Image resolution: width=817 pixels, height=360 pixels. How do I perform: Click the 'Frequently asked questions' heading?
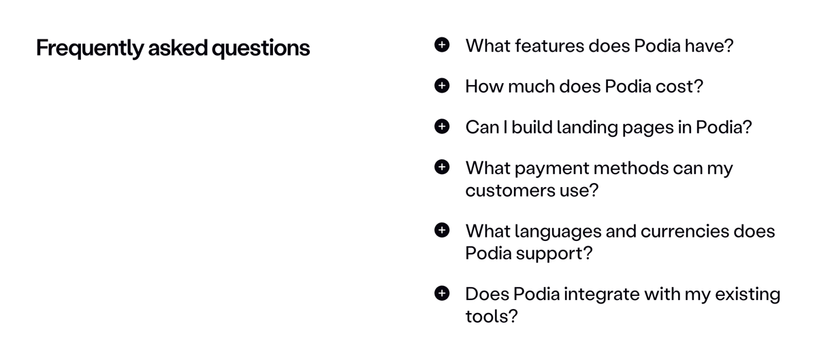173,48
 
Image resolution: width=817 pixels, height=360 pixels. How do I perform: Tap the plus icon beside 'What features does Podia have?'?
442,45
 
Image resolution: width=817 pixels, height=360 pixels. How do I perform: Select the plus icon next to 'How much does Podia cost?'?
442,86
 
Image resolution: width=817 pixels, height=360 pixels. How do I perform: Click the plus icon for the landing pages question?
442,127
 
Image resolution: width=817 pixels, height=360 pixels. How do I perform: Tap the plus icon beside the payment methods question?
442,167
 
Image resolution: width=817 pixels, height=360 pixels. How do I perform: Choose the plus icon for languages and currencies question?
442,231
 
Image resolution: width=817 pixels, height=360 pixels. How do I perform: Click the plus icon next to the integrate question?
442,294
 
